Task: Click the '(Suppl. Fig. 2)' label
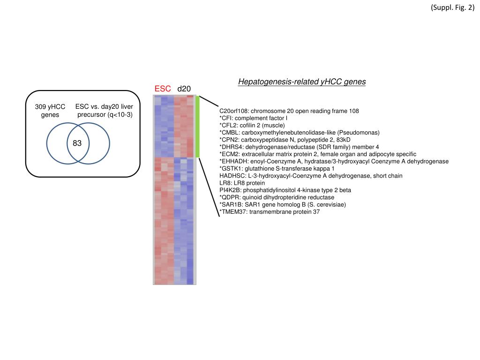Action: (452, 8)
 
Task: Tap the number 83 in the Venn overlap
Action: (77, 143)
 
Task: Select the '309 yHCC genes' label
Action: (50, 111)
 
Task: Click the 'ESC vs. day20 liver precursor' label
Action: (105, 111)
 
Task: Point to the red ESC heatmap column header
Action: (163, 89)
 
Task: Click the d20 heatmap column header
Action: (184, 89)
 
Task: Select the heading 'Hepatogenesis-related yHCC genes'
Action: (302, 82)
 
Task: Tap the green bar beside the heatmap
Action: (198, 127)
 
